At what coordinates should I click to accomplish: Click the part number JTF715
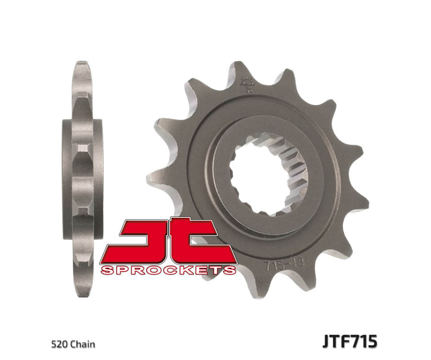pos(350,342)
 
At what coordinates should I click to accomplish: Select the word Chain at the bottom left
pos(82,344)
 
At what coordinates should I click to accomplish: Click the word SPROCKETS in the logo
pos(168,270)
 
